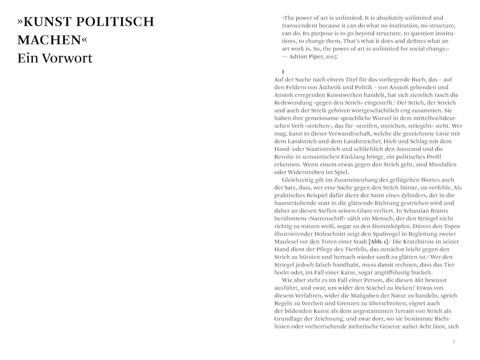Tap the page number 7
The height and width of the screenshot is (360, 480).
pos(453,342)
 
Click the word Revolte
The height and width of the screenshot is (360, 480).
pos(286,157)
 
